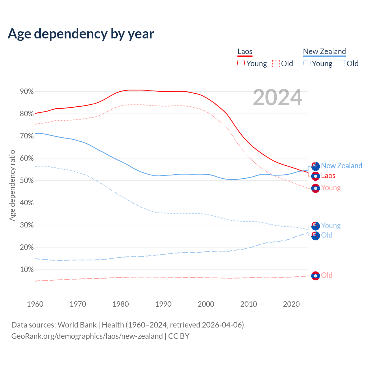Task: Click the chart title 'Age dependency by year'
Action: coord(81,34)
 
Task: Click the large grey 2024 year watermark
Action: coord(277,98)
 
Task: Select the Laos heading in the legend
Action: coord(245,52)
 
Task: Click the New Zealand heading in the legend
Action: coord(324,52)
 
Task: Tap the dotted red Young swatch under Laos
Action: coord(241,64)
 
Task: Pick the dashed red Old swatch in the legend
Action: coord(276,64)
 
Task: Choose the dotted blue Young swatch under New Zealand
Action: coord(307,64)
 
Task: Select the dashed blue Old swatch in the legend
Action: coord(341,64)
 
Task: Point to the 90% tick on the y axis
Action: coord(27,92)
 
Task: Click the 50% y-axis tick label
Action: coord(27,181)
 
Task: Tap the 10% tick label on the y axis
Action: coord(27,270)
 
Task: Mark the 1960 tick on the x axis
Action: coord(35,304)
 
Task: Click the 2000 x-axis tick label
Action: coord(206,304)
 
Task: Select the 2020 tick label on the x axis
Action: coord(291,304)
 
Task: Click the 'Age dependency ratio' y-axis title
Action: coord(12,185)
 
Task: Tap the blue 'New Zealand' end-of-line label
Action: coord(341,166)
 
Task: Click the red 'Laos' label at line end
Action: coord(328,176)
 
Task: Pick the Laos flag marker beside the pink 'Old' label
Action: coord(315,276)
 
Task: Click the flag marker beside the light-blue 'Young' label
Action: coord(315,226)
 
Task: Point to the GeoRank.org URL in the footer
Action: coord(87,336)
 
